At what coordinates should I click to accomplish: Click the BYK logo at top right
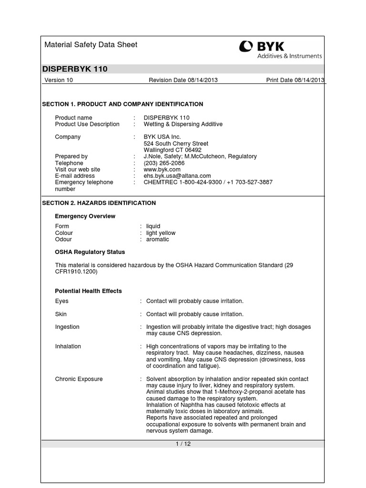click(x=280, y=50)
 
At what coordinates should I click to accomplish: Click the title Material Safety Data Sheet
click(x=91, y=45)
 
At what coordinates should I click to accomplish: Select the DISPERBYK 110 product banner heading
click(x=75, y=69)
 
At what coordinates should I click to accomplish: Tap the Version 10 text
click(x=59, y=80)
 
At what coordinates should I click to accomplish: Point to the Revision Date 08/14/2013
click(x=183, y=80)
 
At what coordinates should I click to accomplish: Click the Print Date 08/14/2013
click(x=295, y=80)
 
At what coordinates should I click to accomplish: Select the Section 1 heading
click(x=122, y=104)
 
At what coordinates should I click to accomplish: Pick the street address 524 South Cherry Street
click(x=176, y=143)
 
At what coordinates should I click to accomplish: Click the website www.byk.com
click(x=162, y=170)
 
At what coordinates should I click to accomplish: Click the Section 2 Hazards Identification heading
click(x=99, y=203)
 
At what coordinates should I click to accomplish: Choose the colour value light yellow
click(x=161, y=233)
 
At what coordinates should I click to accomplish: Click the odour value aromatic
click(x=157, y=240)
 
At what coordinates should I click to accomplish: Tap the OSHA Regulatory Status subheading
click(x=90, y=252)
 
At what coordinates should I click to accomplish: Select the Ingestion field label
click(x=67, y=327)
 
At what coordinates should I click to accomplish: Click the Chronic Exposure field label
click(x=79, y=379)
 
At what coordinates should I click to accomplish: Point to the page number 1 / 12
click(x=183, y=444)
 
